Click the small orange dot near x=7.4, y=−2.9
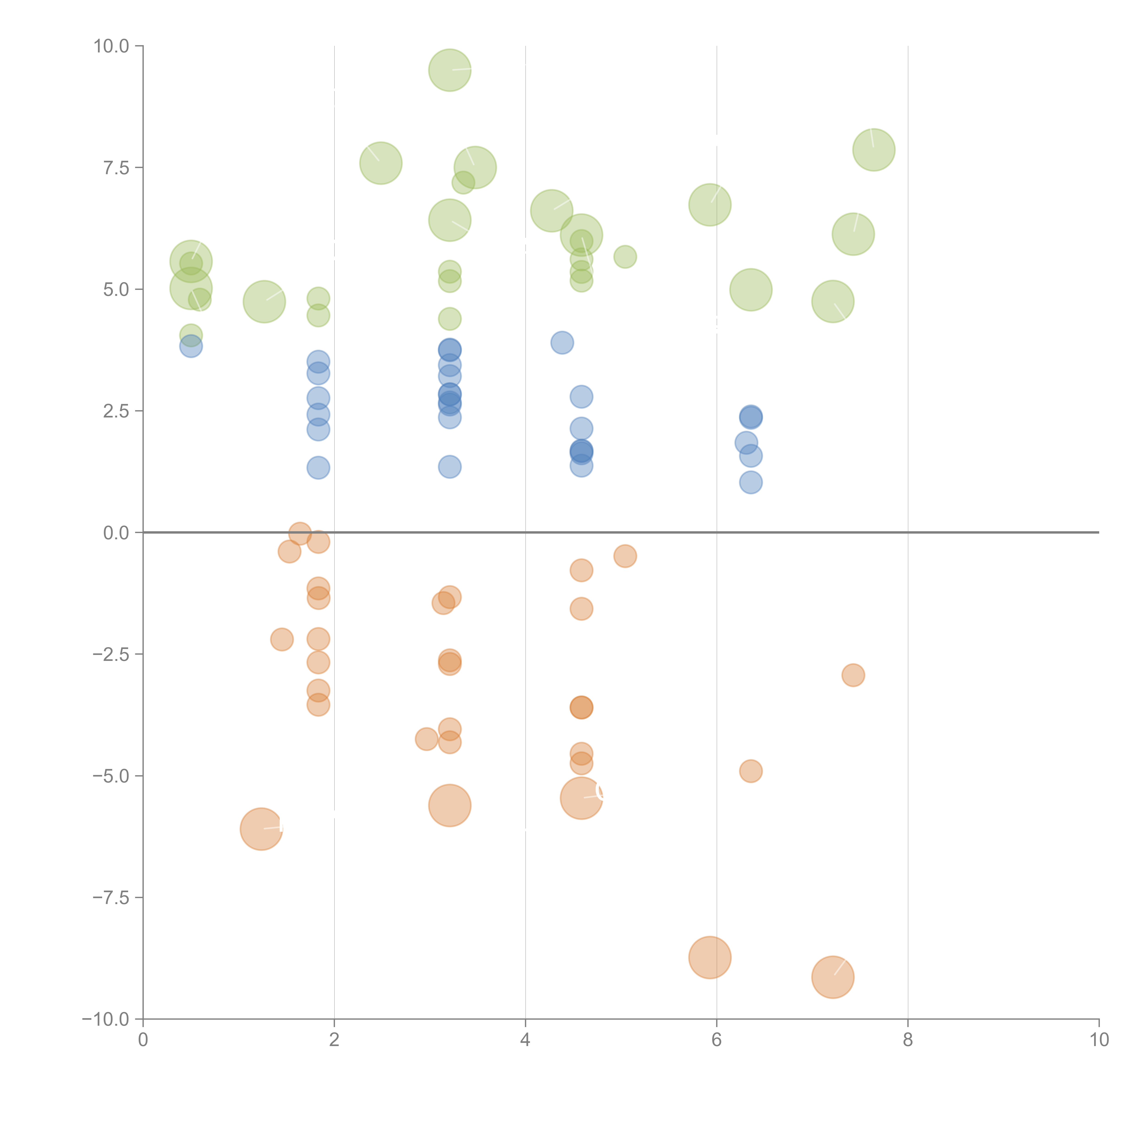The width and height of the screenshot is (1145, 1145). [853, 675]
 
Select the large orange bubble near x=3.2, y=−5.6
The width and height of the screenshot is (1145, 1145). [450, 805]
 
